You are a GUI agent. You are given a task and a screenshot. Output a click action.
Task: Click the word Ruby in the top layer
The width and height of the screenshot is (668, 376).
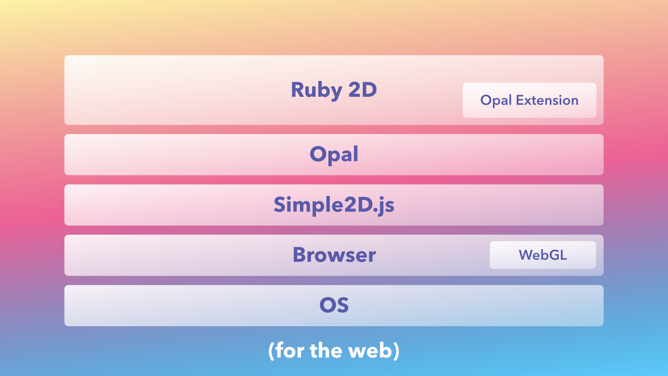316,90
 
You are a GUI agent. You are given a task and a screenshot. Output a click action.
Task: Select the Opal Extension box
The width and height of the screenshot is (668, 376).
529,100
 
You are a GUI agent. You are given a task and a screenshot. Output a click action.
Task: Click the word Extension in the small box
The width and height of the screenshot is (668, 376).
547,100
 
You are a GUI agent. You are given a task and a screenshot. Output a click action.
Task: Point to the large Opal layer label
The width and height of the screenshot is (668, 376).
334,154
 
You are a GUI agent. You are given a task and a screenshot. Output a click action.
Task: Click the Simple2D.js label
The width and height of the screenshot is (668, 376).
334,205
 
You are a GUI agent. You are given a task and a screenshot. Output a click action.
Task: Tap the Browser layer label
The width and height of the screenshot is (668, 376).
334,255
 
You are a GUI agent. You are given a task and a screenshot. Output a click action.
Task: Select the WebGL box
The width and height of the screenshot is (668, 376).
543,255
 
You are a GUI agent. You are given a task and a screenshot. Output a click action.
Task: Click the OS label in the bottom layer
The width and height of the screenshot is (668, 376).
334,305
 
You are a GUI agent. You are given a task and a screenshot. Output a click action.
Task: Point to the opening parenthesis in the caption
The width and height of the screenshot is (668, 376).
271,351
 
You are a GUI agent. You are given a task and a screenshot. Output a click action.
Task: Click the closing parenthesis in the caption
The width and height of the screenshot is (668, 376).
396,351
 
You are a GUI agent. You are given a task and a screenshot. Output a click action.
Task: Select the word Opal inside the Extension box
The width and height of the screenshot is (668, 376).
496,101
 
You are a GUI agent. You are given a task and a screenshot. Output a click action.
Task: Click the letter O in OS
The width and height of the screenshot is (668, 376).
327,305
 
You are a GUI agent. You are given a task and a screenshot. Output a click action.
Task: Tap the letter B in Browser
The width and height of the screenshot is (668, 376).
300,255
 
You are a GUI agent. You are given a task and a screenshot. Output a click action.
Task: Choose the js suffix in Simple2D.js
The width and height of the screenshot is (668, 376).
386,206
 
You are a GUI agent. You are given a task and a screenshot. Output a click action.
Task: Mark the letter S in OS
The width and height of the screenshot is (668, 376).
342,305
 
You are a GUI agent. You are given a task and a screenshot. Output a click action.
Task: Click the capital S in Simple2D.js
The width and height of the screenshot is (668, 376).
280,204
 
